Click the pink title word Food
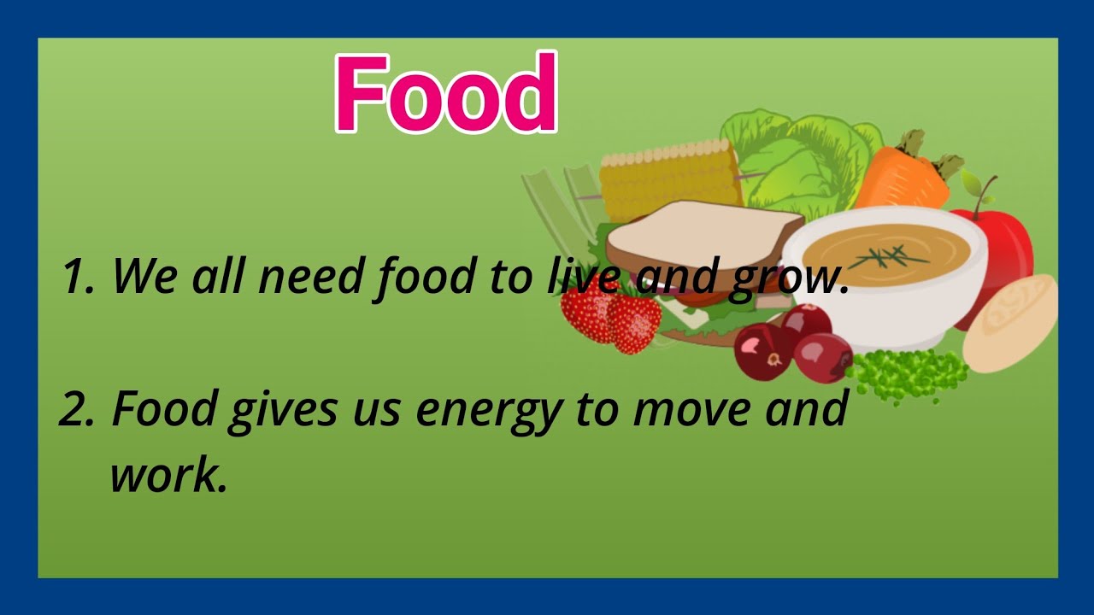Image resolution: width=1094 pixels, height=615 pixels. pyautogui.click(x=445, y=93)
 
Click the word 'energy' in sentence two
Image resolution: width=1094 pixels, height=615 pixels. pyautogui.click(x=488, y=410)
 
